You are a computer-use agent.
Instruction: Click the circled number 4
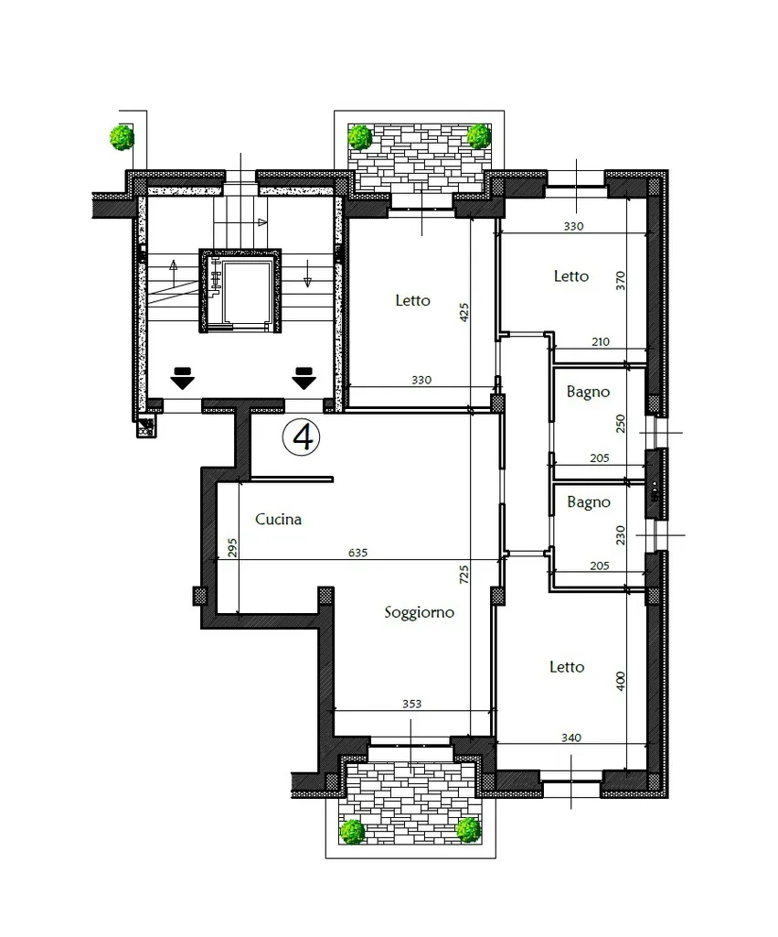pos(301,437)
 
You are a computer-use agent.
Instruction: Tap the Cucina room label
pos(278,520)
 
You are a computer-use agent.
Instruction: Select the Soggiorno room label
pos(419,612)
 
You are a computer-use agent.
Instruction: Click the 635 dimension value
pos(357,553)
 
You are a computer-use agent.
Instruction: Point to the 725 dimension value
pos(464,575)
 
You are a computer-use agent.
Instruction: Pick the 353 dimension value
pos(412,704)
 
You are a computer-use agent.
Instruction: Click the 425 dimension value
pos(464,313)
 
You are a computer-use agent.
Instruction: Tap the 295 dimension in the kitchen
pos(232,547)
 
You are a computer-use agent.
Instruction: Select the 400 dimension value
pos(621,681)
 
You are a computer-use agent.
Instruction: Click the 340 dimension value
pos(571,738)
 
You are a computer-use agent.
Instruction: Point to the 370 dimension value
pos(621,280)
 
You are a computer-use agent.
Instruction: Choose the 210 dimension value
pos(601,342)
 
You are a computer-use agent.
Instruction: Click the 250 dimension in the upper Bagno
pos(621,423)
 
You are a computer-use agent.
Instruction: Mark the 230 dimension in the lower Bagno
pos(621,534)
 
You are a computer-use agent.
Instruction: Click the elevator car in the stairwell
pos(240,290)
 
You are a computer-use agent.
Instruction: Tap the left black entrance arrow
pos(182,378)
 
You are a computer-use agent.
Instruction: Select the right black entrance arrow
pos(304,378)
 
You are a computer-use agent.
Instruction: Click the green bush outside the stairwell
pos(122,137)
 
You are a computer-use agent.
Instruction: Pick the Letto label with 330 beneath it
pos(412,300)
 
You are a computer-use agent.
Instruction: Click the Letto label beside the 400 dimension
pos(567,667)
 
